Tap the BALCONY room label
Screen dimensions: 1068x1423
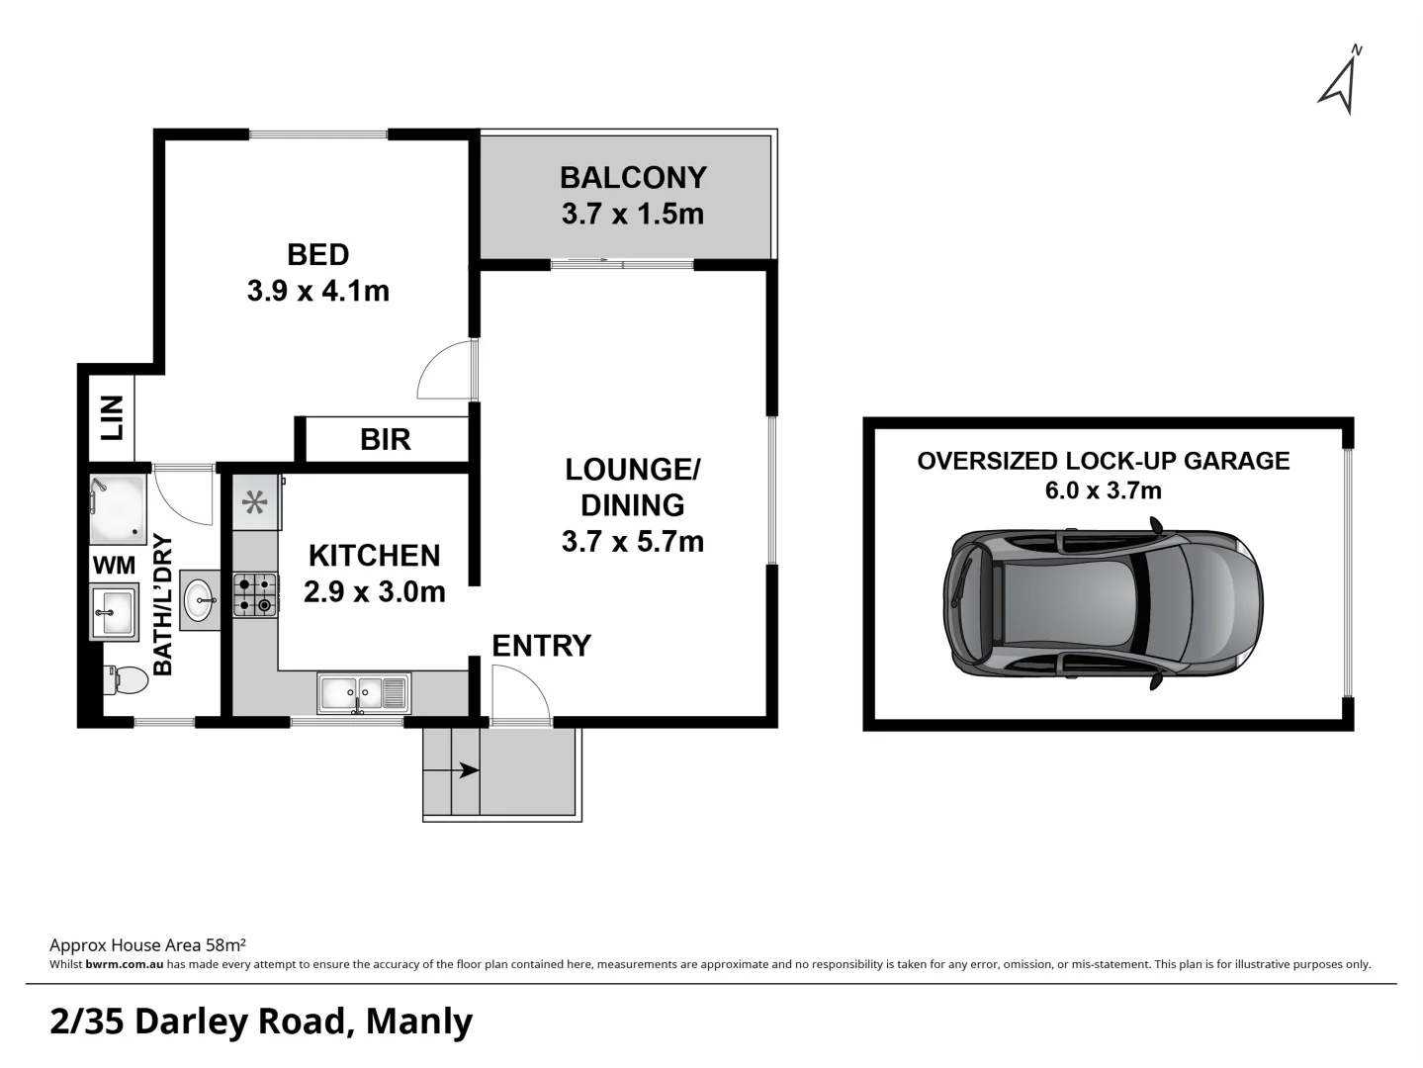pyautogui.click(x=633, y=178)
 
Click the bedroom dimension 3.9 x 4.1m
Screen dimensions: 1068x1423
pyautogui.click(x=317, y=292)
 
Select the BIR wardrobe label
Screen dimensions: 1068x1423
pyautogui.click(x=385, y=440)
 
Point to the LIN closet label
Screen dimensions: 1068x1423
pyautogui.click(x=113, y=417)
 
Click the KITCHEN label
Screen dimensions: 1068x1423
pyautogui.click(x=374, y=556)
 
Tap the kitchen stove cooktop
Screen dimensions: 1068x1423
pyautogui.click(x=255, y=595)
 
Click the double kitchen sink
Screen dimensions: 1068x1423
pyautogui.click(x=363, y=693)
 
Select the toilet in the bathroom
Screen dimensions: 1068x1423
pyautogui.click(x=125, y=679)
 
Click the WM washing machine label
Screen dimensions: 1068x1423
pyautogui.click(x=114, y=566)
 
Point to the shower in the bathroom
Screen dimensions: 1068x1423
pyautogui.click(x=118, y=508)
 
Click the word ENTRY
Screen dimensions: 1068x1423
pyautogui.click(x=541, y=646)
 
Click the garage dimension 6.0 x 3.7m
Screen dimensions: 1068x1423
pyautogui.click(x=1103, y=490)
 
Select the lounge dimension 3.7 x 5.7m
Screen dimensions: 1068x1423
pyautogui.click(x=632, y=542)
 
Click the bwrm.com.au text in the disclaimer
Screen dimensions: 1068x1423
pyautogui.click(x=124, y=964)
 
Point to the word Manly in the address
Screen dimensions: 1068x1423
pyautogui.click(x=419, y=1022)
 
